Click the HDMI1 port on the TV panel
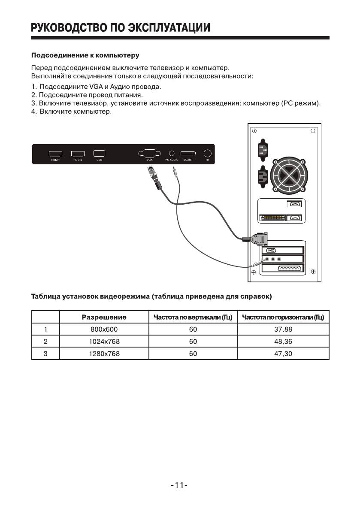coord(55,153)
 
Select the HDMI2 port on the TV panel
coord(78,153)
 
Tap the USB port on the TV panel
coord(99,153)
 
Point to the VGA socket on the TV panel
coord(149,153)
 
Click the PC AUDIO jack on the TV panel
coord(172,153)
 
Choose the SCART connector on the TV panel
coord(188,153)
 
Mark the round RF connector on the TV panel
coord(208,153)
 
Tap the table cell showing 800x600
coord(103,330)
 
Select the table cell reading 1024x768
coord(103,342)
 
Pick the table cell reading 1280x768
coord(103,354)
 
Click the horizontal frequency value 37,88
coord(283,330)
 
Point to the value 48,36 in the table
coord(283,342)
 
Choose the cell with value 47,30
coord(283,354)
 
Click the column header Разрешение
coord(104,317)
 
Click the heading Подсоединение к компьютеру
coord(85,55)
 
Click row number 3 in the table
coord(45,354)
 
